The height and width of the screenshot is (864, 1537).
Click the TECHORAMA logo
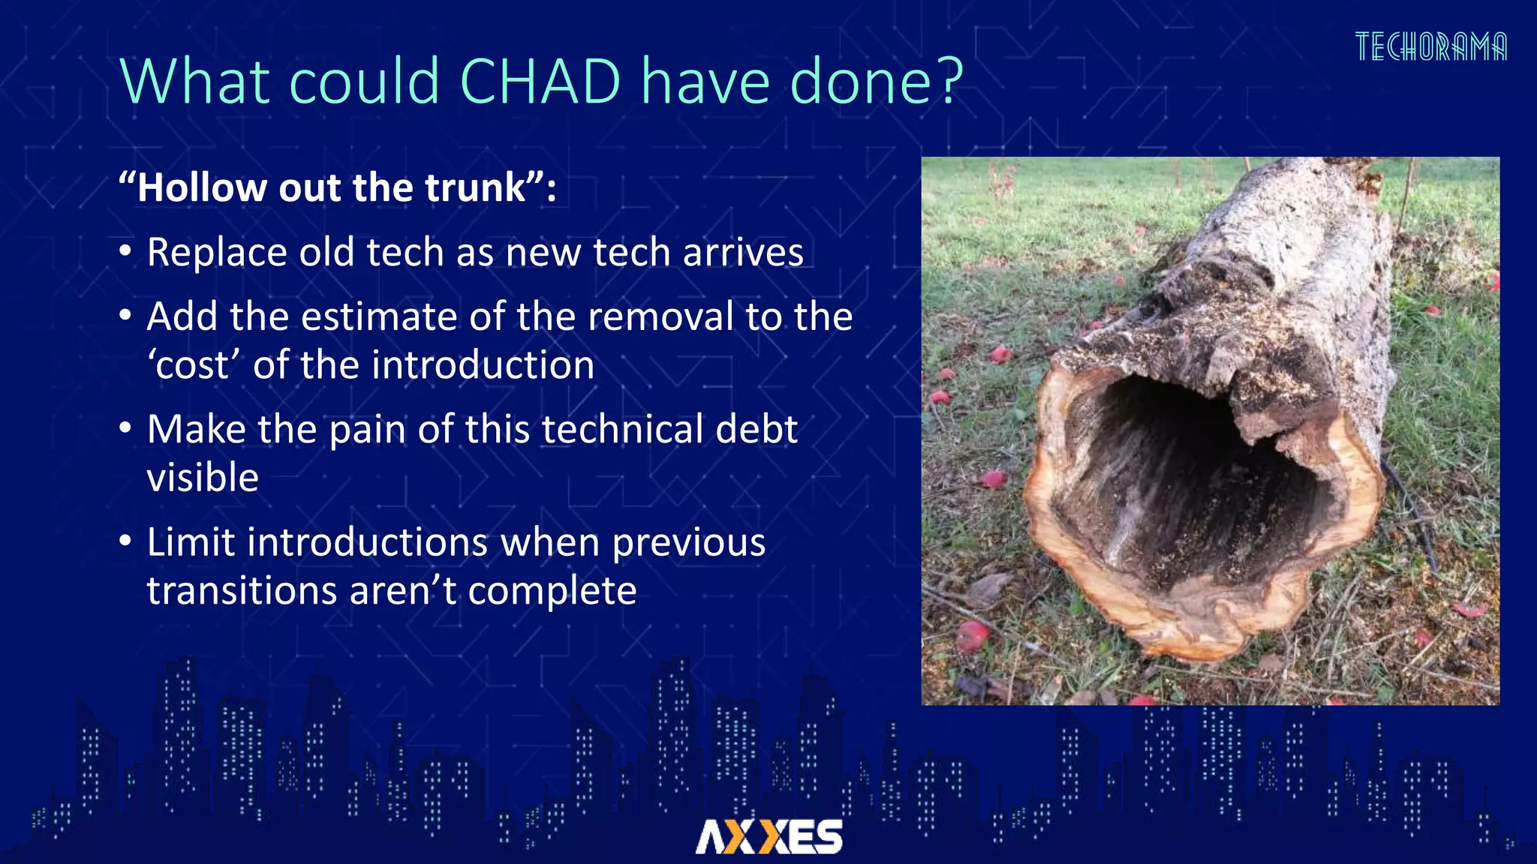click(x=1430, y=46)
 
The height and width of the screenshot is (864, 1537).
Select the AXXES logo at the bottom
click(x=768, y=836)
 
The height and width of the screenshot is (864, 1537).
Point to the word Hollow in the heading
click(x=201, y=187)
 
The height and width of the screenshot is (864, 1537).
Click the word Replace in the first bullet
click(x=217, y=253)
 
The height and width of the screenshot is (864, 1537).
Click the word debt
click(x=756, y=430)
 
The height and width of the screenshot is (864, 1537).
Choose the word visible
click(x=203, y=478)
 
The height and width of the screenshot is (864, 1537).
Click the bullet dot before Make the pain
click(x=125, y=428)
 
